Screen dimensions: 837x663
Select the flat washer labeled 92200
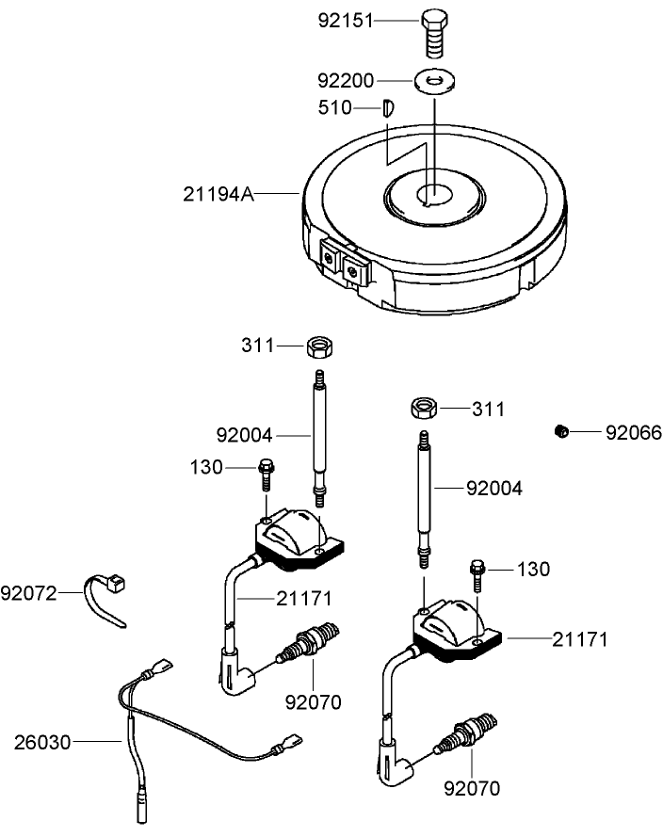(433, 81)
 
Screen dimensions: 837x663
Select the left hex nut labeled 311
(319, 346)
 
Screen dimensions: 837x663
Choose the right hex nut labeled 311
(424, 408)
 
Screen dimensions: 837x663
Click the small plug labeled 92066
(560, 431)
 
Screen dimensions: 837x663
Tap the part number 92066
(633, 433)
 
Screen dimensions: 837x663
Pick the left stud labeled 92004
(319, 433)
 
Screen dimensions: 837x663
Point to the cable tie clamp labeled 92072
(108, 598)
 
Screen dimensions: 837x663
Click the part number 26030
(42, 742)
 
